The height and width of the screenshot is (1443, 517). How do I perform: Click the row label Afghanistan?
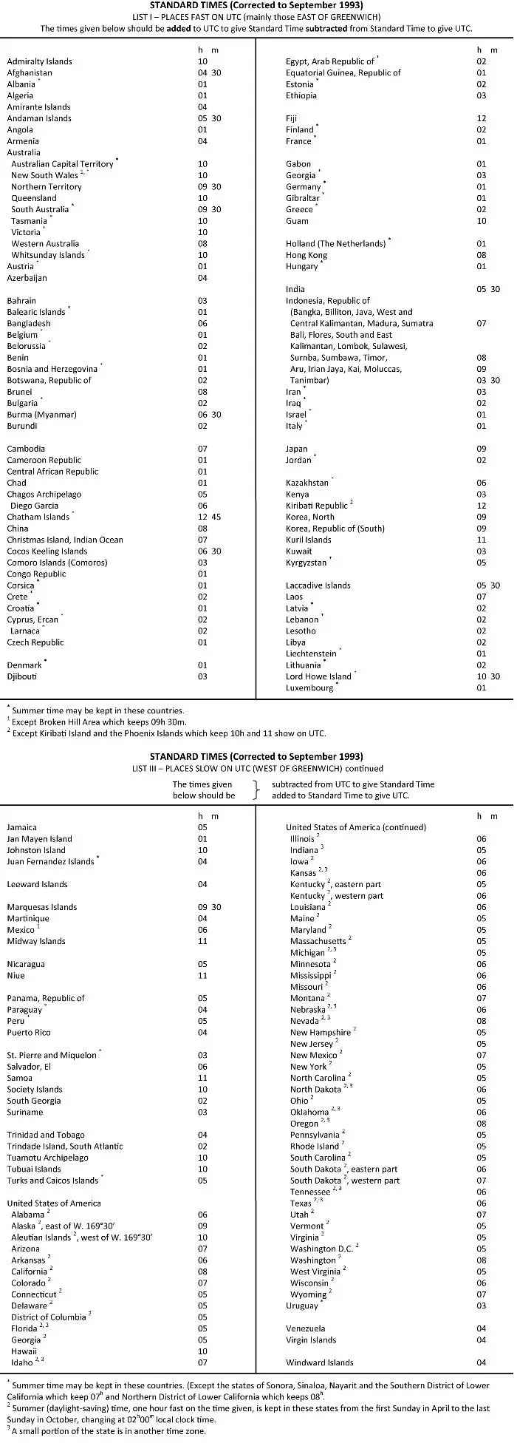pyautogui.click(x=30, y=73)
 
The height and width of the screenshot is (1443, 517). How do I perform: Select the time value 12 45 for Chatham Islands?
pyautogui.click(x=209, y=517)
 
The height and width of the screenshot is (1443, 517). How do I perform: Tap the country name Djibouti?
pyautogui.click(x=22, y=676)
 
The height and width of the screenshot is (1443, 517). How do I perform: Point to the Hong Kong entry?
pyautogui.click(x=307, y=255)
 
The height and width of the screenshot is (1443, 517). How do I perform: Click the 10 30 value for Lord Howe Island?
pyautogui.click(x=488, y=676)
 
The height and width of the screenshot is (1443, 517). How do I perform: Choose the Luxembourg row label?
pyautogui.click(x=309, y=688)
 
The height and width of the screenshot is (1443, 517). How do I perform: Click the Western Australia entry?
pyautogui.click(x=45, y=244)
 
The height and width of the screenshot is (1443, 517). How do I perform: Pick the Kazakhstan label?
pyautogui.click(x=307, y=483)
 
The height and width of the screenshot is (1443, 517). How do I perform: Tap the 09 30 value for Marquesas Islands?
pyautogui.click(x=209, y=907)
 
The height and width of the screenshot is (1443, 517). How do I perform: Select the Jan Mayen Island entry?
pyautogui.click(x=40, y=839)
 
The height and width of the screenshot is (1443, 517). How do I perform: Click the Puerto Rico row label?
pyautogui.click(x=29, y=1033)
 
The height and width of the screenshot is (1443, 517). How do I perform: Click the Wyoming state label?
pyautogui.click(x=308, y=1294)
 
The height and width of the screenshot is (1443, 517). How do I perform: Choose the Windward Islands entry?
pyautogui.click(x=320, y=1362)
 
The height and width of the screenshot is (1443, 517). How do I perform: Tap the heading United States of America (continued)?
pyautogui.click(x=356, y=827)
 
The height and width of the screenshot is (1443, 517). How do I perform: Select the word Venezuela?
pyautogui.click(x=306, y=1328)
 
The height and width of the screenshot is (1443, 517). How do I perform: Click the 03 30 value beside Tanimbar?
pyautogui.click(x=488, y=381)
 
